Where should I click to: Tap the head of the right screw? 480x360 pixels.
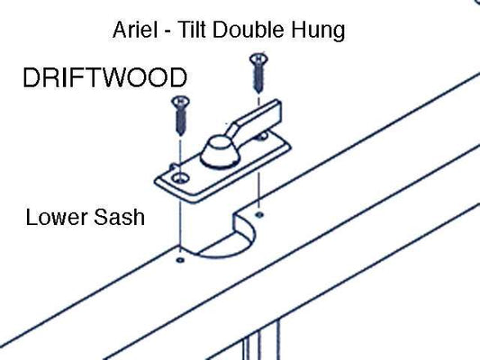(x=257, y=59)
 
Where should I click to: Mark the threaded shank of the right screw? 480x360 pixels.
(x=258, y=76)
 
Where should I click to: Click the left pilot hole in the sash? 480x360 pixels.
(x=180, y=259)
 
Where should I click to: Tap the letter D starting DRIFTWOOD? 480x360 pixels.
(x=30, y=77)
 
